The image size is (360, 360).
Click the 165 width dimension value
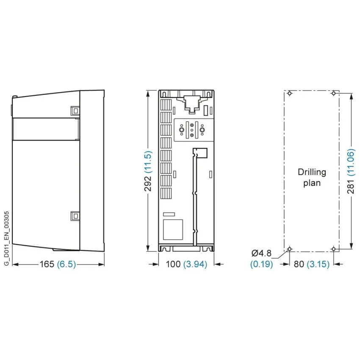pyautogui.click(x=47, y=264)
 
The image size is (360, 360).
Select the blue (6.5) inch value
pyautogui.click(x=66, y=264)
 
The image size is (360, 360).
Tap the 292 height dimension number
pyautogui.click(x=148, y=184)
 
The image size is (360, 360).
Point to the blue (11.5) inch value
pyautogui.click(x=148, y=162)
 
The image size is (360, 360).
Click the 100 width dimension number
pyautogui.click(x=173, y=264)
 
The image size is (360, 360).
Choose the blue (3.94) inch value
pyautogui.click(x=195, y=264)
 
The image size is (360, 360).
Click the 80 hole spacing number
pyautogui.click(x=299, y=264)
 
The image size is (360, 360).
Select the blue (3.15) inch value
pyautogui.click(x=318, y=264)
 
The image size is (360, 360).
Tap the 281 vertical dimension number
pyautogui.click(x=351, y=187)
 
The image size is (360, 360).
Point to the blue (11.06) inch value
pyautogui.click(x=351, y=163)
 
